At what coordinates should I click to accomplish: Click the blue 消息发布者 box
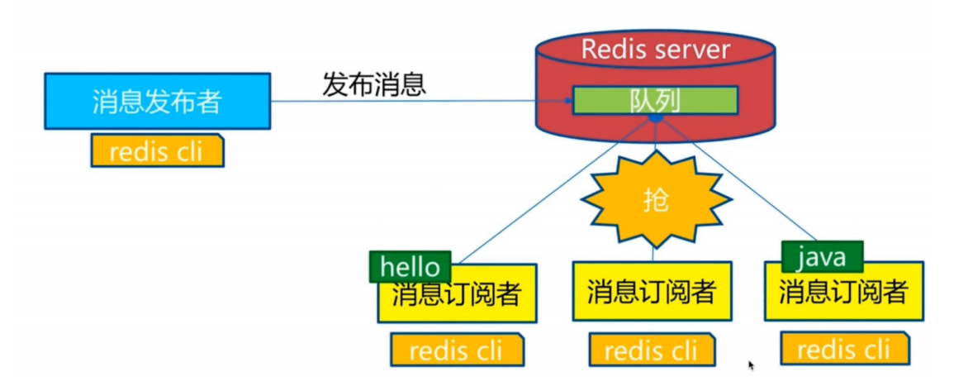pyautogui.click(x=157, y=101)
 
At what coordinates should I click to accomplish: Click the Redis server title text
pyautogui.click(x=655, y=49)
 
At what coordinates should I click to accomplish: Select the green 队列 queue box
pyautogui.click(x=655, y=101)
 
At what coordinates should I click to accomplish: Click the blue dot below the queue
pyautogui.click(x=655, y=119)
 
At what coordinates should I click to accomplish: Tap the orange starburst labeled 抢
pyautogui.click(x=655, y=200)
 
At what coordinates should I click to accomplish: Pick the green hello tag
pyautogui.click(x=411, y=266)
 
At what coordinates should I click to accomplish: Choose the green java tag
pyautogui.click(x=822, y=258)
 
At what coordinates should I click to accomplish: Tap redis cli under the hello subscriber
pyautogui.click(x=457, y=350)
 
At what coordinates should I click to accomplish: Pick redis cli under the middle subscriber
pyautogui.click(x=652, y=350)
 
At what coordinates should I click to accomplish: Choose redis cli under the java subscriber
pyautogui.click(x=844, y=350)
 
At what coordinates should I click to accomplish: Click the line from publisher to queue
pyautogui.click(x=413, y=102)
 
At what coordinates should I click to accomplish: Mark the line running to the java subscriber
pyautogui.click(x=743, y=187)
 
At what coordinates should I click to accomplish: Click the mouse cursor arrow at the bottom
pyautogui.click(x=752, y=365)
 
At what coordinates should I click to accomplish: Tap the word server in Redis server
pyautogui.click(x=692, y=49)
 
